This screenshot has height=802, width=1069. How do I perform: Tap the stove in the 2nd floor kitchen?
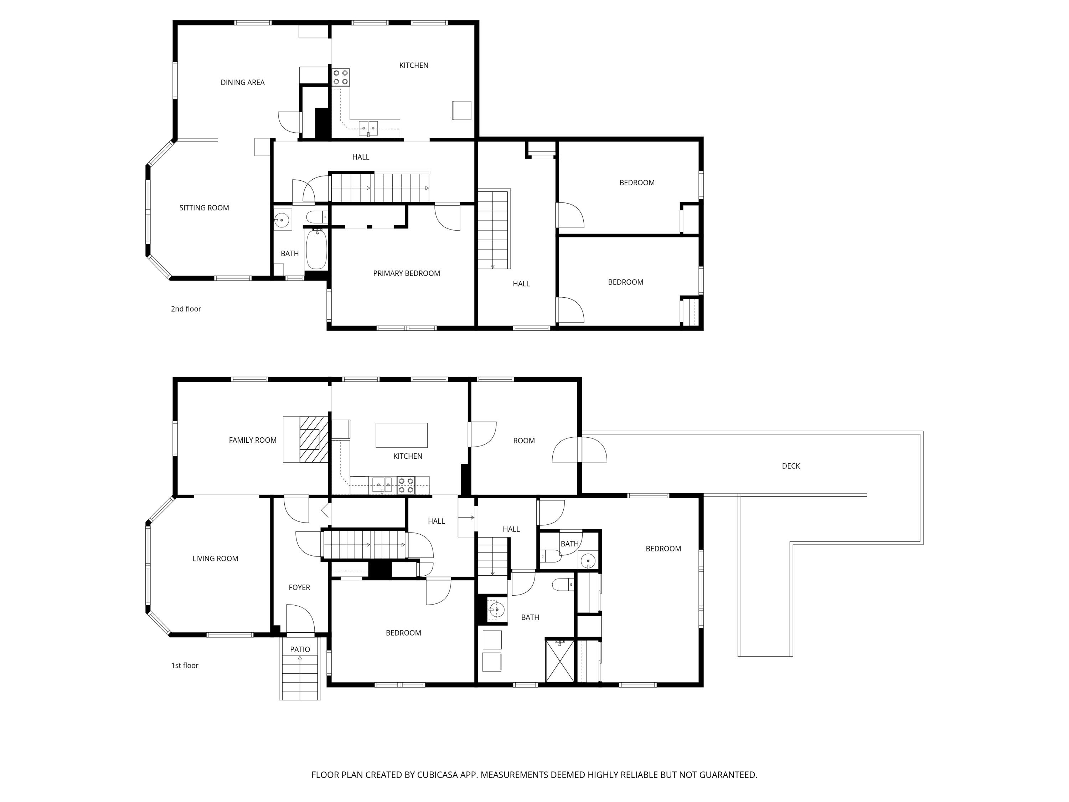tap(340, 77)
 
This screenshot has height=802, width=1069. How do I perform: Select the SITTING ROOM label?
tap(204, 208)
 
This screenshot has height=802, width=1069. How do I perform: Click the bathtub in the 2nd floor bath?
tap(316, 250)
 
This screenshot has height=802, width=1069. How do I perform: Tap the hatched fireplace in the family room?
tap(313, 439)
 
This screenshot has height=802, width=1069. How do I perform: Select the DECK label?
tap(791, 466)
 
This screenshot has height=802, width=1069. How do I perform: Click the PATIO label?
tap(300, 649)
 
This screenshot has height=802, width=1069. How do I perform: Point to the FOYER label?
tap(299, 587)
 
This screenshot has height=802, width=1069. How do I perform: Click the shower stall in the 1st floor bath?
tap(560, 660)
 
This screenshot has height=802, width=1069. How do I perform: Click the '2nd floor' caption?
tap(186, 309)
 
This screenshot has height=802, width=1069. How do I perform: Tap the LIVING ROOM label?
tap(215, 558)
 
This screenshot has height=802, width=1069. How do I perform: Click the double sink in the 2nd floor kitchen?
tap(368, 128)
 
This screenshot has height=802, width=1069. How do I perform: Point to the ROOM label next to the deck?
tap(523, 441)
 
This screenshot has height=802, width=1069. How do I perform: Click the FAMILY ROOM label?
tap(252, 440)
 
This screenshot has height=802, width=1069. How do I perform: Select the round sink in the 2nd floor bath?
tap(282, 220)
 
